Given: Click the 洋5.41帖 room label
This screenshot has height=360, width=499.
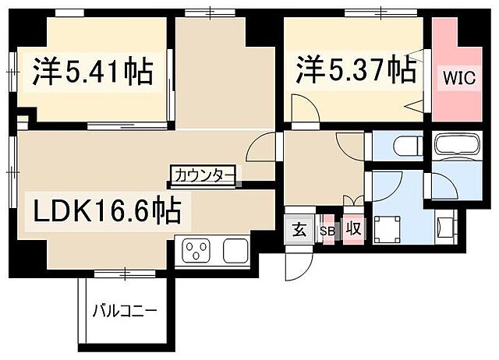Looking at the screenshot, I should click(x=91, y=72).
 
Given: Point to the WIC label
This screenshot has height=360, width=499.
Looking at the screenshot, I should click(x=457, y=78).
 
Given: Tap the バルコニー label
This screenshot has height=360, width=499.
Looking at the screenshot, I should click(x=124, y=310).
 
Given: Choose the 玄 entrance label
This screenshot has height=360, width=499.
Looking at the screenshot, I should click(x=299, y=229).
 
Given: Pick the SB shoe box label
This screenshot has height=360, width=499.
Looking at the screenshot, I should click(x=327, y=230).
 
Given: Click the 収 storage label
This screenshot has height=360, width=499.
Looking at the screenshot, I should click(x=353, y=229).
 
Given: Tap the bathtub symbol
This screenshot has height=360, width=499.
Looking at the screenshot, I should click(x=456, y=146).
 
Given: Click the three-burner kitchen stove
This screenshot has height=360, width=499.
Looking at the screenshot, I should click(x=196, y=251).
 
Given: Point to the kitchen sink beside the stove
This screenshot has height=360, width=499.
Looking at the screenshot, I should click(x=235, y=251).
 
